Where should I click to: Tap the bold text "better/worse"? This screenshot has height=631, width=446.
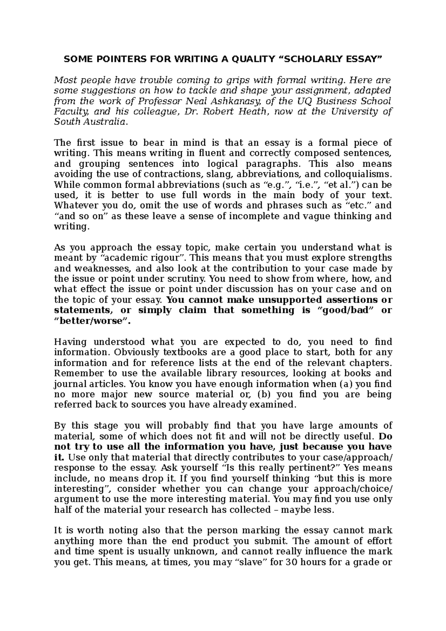(x=92, y=321)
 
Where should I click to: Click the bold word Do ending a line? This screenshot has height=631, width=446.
(x=385, y=436)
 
